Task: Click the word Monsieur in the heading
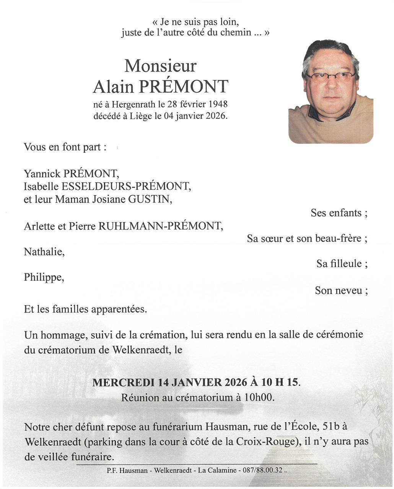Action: (x=160, y=66)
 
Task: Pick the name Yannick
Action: (x=42, y=174)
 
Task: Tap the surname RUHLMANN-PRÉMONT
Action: (x=161, y=226)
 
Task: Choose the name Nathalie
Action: (x=44, y=252)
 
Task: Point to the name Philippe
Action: (x=44, y=277)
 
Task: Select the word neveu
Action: (x=349, y=291)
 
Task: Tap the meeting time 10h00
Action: (x=259, y=398)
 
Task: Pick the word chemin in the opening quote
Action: (x=235, y=32)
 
